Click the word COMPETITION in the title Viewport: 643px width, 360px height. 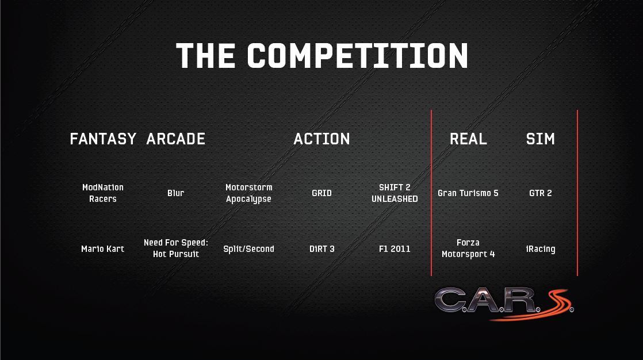(x=357, y=55)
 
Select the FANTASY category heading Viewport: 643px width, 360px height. (x=103, y=139)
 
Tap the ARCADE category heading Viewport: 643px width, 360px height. (x=175, y=139)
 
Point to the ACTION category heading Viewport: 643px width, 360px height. (x=321, y=139)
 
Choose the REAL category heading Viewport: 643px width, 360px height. (x=468, y=139)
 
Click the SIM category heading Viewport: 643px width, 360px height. (x=540, y=139)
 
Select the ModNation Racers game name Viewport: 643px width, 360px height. (x=103, y=193)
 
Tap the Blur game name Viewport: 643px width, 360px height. (x=175, y=193)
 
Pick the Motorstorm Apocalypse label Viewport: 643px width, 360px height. (x=248, y=193)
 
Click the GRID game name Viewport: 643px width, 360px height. (x=321, y=193)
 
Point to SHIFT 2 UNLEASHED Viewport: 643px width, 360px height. (x=395, y=193)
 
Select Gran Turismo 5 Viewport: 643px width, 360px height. (x=468, y=193)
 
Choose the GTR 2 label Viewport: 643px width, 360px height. (x=541, y=193)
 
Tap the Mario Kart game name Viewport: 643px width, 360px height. (x=102, y=249)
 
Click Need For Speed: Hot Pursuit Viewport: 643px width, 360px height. (x=176, y=248)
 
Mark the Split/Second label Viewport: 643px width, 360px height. (x=248, y=249)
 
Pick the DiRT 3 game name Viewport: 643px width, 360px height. (x=322, y=249)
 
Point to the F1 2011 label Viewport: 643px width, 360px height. (x=395, y=249)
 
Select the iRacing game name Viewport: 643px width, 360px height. (x=541, y=249)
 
